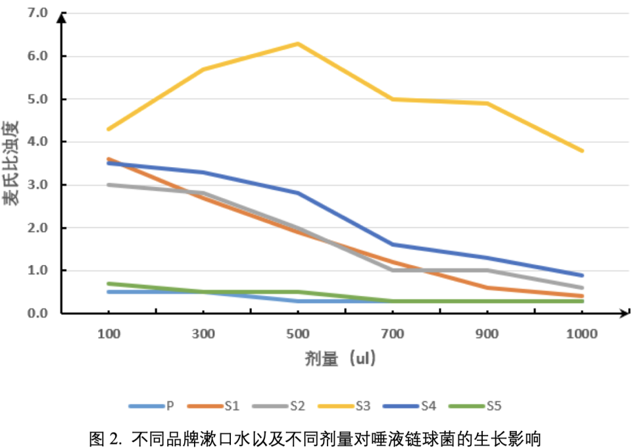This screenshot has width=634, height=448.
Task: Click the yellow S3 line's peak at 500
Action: [x=298, y=43]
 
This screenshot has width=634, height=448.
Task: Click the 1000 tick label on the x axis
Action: [x=582, y=334]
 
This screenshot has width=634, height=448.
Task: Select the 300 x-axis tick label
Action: [x=203, y=334]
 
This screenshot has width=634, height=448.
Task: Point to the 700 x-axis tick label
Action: [x=393, y=334]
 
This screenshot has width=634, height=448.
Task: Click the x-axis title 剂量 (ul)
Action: [x=340, y=359]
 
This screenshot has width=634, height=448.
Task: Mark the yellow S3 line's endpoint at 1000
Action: [x=582, y=151]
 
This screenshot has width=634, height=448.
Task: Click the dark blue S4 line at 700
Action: [x=393, y=245]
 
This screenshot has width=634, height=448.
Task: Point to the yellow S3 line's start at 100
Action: [x=109, y=129]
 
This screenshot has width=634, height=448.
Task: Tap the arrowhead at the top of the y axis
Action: [x=61, y=15]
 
